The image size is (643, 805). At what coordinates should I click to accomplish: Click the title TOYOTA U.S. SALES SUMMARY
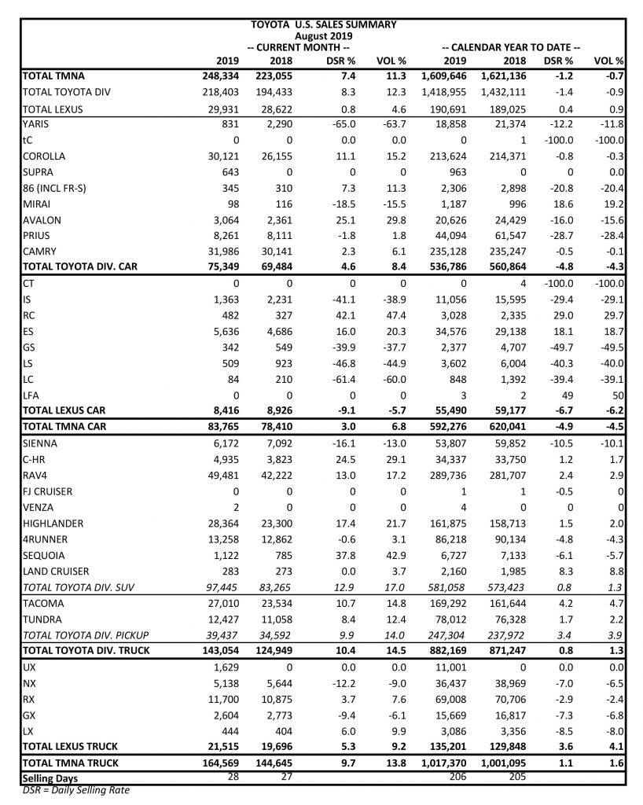click(323, 24)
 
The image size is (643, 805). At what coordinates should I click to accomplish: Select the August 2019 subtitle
click(323, 35)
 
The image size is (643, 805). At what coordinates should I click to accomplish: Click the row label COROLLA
click(44, 156)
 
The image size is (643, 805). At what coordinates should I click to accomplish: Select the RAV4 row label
click(36, 476)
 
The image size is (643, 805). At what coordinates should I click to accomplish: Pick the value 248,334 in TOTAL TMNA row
click(215, 75)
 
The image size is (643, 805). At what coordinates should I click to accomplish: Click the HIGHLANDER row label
click(53, 524)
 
